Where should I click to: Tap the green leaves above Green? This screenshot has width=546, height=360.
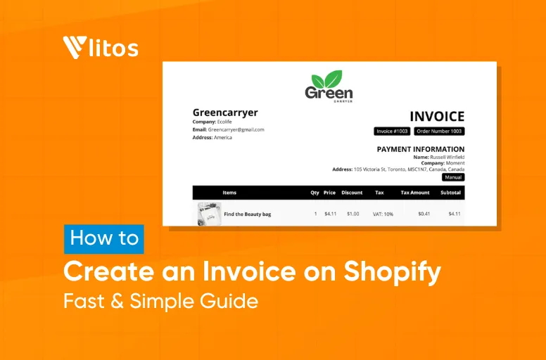[x=329, y=79]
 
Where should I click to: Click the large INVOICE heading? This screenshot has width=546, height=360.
[x=436, y=117]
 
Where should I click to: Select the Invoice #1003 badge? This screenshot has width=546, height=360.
[x=392, y=131]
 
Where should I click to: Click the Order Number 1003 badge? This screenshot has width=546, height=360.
[x=439, y=131]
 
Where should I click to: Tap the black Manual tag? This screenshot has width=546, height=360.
[x=453, y=177]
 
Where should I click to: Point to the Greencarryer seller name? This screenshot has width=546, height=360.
[x=225, y=112]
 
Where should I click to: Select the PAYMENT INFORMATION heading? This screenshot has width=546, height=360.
[x=420, y=149]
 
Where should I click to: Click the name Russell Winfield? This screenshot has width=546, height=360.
[x=447, y=157]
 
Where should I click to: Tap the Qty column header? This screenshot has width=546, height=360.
[x=315, y=193]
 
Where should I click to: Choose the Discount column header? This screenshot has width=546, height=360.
[x=352, y=193]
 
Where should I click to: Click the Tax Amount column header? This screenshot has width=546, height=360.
[x=415, y=193]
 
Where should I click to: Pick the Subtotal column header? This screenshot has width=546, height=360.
[x=450, y=193]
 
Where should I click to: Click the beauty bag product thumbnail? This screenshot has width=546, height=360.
[x=209, y=214]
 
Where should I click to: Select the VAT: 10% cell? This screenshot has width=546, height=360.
[x=383, y=214]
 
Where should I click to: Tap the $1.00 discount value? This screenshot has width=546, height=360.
[x=353, y=214]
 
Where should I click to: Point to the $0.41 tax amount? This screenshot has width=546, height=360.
[x=424, y=214]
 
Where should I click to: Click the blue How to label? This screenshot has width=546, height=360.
[x=104, y=238]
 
